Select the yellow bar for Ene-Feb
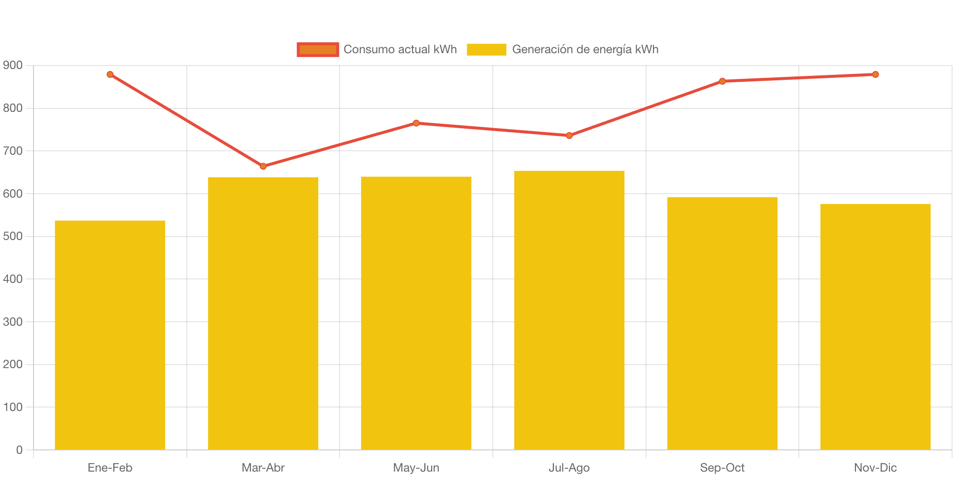[x=110, y=335]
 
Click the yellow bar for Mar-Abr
[x=263, y=313]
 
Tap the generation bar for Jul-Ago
[x=569, y=310]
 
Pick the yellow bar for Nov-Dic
[x=875, y=327]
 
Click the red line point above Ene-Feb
[x=110, y=74]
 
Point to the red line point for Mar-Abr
[x=263, y=167]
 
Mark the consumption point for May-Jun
[x=416, y=123]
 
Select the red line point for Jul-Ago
[x=569, y=136]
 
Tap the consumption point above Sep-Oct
[x=722, y=81]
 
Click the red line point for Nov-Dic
[x=876, y=74]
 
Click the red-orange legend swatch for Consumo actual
[x=318, y=49]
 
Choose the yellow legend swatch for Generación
[x=486, y=49]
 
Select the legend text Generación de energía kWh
[x=585, y=49]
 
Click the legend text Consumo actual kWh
[x=400, y=49]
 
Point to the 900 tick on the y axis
[x=13, y=65]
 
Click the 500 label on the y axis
[x=13, y=236]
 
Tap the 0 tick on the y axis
[x=19, y=450]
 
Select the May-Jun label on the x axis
[x=416, y=468]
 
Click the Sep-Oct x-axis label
[x=722, y=468]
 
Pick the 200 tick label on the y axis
[x=13, y=364]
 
